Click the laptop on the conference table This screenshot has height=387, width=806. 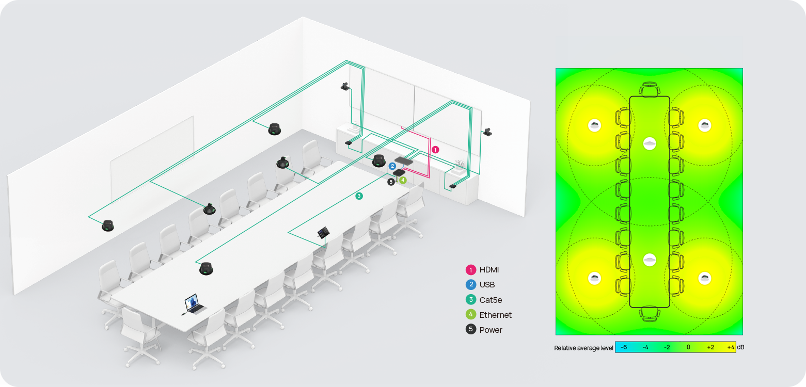pyautogui.click(x=194, y=304)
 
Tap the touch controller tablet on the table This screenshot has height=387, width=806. pyautogui.click(x=324, y=233)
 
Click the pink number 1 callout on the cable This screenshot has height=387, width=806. pyautogui.click(x=435, y=150)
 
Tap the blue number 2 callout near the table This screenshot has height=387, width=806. pyautogui.click(x=392, y=166)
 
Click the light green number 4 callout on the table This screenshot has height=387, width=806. pyautogui.click(x=403, y=180)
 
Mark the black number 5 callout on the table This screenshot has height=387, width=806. pyautogui.click(x=391, y=182)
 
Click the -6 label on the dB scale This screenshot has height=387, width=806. pyautogui.click(x=624, y=347)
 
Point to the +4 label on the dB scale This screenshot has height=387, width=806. pyautogui.click(x=731, y=347)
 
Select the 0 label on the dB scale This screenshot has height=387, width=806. pyautogui.click(x=688, y=347)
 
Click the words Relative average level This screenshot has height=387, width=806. pyautogui.click(x=583, y=348)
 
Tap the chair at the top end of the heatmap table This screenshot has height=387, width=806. pyautogui.click(x=650, y=89)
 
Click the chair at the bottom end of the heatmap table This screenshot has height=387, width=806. pyautogui.click(x=650, y=313)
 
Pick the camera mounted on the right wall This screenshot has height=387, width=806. pyautogui.click(x=487, y=132)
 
